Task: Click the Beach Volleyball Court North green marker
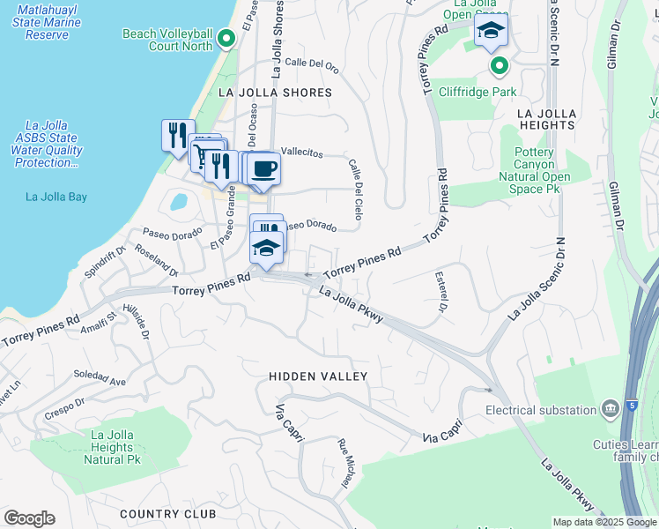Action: pyautogui.click(x=226, y=38)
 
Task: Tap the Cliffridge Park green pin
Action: pyautogui.click(x=500, y=66)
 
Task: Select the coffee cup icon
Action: pyautogui.click(x=263, y=168)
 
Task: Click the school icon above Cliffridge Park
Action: pyautogui.click(x=491, y=33)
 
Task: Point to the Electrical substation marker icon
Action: pyautogui.click(x=609, y=410)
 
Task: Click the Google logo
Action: pyautogui.click(x=29, y=518)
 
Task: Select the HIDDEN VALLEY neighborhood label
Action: pyautogui.click(x=318, y=376)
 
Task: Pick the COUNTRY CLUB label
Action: pyautogui.click(x=167, y=514)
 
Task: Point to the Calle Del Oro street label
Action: pyautogui.click(x=312, y=63)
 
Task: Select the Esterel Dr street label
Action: pyautogui.click(x=441, y=292)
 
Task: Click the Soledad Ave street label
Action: pyautogui.click(x=100, y=378)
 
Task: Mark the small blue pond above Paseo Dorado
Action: pyautogui.click(x=179, y=201)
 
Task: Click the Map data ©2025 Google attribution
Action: pyautogui.click(x=604, y=522)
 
